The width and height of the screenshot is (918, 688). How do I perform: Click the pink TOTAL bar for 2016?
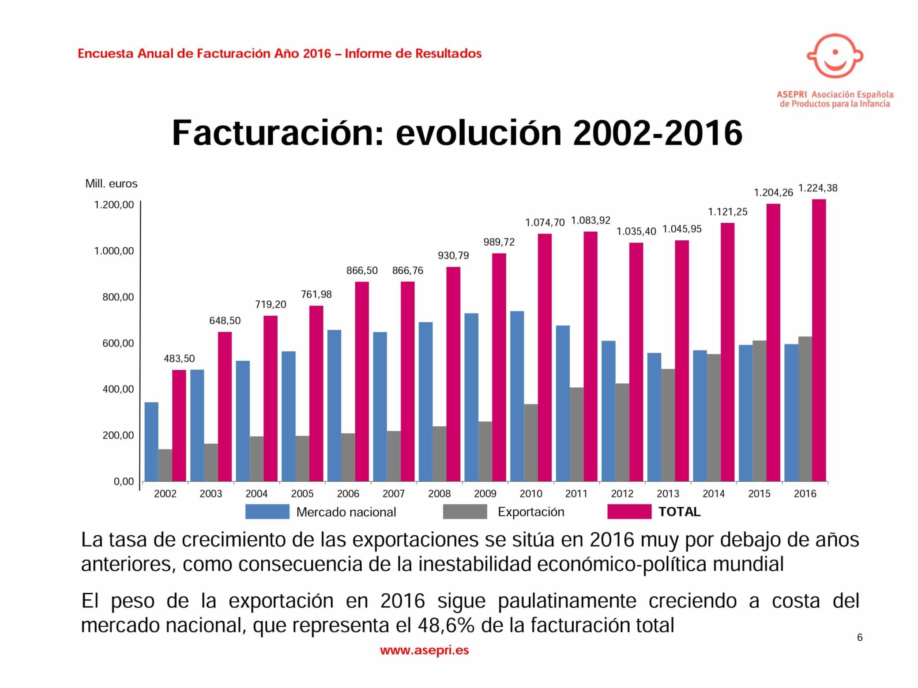coord(819,340)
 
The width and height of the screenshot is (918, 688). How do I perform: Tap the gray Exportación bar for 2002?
coord(165,465)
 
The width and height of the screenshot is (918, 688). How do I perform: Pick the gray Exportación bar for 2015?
coord(759,410)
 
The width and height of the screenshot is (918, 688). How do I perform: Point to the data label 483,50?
coord(179,359)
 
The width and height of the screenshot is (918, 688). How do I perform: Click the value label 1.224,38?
coord(818,188)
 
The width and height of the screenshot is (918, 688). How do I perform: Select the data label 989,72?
coord(499,242)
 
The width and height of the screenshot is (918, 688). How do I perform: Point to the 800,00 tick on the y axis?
coord(118,297)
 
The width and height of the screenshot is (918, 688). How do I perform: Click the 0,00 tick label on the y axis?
coord(124,482)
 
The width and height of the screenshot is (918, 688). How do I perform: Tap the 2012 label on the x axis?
coord(622,494)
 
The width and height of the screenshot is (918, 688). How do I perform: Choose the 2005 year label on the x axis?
coord(302,494)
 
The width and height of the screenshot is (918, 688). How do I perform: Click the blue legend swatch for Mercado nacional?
coord(267,512)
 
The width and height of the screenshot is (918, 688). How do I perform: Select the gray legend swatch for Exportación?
coord(465,512)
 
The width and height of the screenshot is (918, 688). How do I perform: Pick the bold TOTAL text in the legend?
coord(679,512)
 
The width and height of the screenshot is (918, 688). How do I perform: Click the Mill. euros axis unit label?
coord(111,183)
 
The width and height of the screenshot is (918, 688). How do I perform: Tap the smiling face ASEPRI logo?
coord(835,56)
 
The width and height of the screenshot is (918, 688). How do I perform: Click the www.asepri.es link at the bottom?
coord(424,650)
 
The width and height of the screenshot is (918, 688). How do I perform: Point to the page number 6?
coord(859,637)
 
